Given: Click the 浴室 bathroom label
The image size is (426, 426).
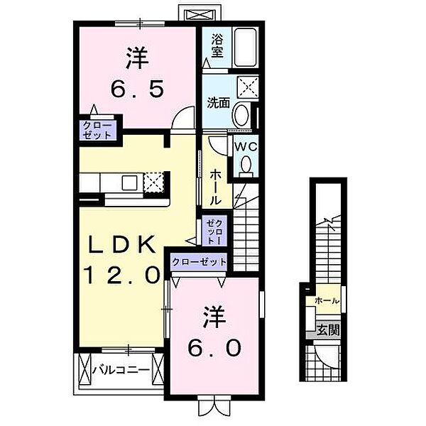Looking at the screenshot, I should pos(217,46).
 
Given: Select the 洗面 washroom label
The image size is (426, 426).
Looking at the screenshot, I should pos(218,102).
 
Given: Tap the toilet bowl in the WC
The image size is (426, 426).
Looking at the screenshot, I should pos(246,165).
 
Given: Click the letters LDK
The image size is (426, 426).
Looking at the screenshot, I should pos(121,245).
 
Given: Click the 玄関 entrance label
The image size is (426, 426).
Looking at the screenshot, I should pos(327,330).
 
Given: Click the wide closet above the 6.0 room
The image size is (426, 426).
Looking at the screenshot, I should pos(198,262).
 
